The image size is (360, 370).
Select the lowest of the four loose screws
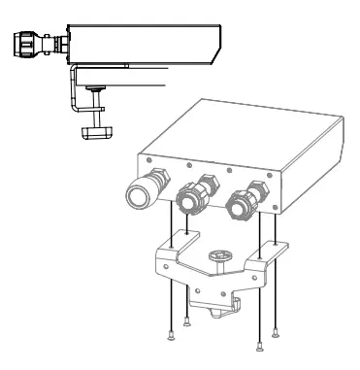pyautogui.click(x=257, y=346)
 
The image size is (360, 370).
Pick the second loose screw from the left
pyautogui.click(x=186, y=323)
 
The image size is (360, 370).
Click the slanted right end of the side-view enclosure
pyautogui.click(x=213, y=44)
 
